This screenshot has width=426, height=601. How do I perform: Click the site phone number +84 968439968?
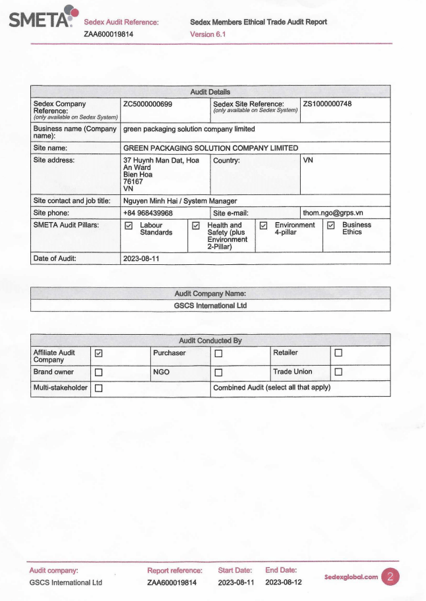tap(148, 213)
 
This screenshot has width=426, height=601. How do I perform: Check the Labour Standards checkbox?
tap(129, 226)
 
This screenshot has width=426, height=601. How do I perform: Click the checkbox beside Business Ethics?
tap(331, 226)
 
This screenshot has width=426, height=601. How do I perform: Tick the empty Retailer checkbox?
tap(338, 354)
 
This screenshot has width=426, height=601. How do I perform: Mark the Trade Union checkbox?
tap(338, 373)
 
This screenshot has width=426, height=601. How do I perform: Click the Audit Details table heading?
tap(210, 92)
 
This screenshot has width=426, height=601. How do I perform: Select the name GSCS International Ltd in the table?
tap(210, 306)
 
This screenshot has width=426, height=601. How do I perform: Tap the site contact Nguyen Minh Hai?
tap(152, 200)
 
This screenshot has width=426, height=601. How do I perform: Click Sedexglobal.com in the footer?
tap(351, 577)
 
